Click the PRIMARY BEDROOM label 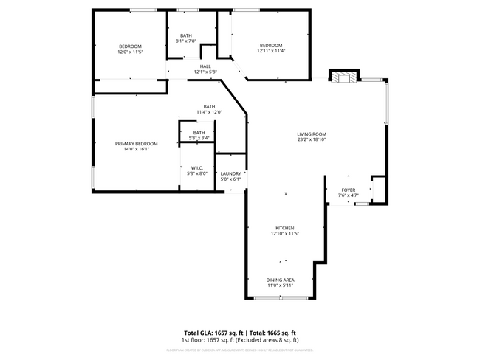tap(137, 143)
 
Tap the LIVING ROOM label tap(312, 134)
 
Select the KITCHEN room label tap(285, 228)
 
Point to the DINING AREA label tap(281, 280)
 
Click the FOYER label tap(347, 190)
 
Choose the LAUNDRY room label tap(230, 173)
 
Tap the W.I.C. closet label tap(197, 167)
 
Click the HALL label tap(205, 66)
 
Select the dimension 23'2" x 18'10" tap(312, 139)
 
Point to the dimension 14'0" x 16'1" tap(137, 149)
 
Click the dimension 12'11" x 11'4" tap(271, 51)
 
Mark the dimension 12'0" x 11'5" tap(130, 52)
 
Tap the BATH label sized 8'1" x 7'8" tap(187, 35)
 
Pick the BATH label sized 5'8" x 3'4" tap(199, 133)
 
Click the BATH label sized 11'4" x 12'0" tap(210, 106)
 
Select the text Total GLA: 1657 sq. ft tap(214, 333)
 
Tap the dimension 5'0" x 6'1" tap(230, 179)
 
